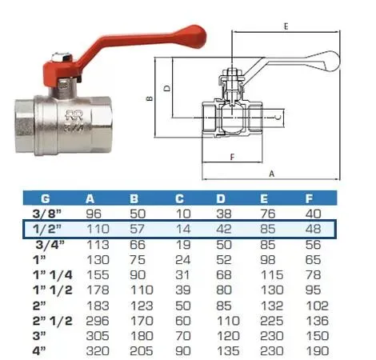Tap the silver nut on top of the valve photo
[62, 57]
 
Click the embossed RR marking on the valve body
[74, 115]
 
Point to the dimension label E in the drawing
[286, 26]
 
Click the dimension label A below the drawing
[271, 174]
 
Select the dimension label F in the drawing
[232, 157]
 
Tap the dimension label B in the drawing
[150, 98]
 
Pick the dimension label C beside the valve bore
[278, 117]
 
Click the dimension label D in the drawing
[167, 88]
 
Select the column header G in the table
[46, 198]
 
